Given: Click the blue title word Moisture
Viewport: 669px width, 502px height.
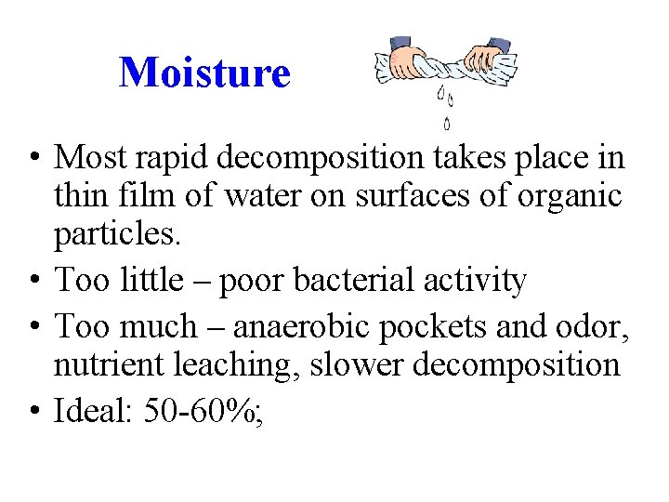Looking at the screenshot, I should click(204, 72).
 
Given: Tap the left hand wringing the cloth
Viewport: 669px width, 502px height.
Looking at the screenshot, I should click(407, 60).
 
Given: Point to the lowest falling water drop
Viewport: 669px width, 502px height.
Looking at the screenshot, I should click(448, 122).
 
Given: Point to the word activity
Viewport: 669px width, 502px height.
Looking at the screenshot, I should click(477, 280).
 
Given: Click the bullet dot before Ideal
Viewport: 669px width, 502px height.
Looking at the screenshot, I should click(33, 410).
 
